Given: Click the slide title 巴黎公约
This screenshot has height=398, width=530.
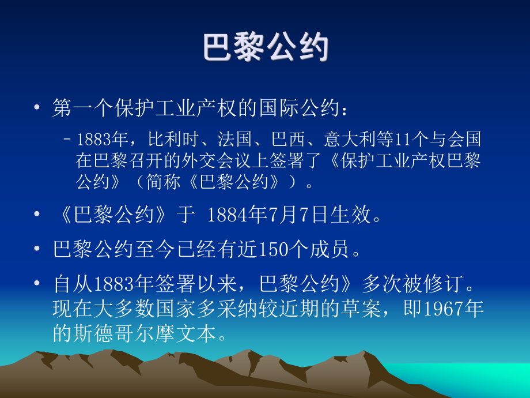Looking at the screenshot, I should [x=266, y=48].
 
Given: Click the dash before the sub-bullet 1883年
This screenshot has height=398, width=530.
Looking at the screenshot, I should [x=68, y=140].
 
